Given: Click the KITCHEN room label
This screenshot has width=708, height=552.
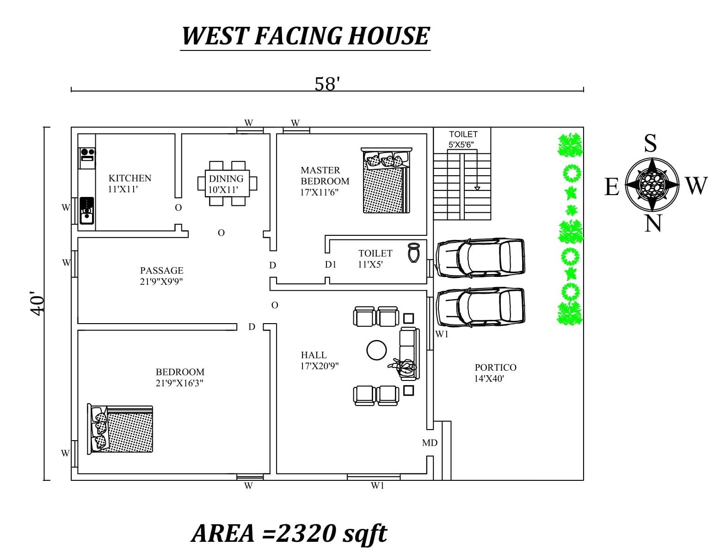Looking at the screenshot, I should point(129,178).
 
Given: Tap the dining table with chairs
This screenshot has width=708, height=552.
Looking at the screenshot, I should point(227,184).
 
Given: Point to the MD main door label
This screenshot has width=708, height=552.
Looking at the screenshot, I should point(430,443).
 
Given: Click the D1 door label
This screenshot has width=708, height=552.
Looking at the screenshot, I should point(331,264).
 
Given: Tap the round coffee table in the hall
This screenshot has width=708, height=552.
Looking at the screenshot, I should point(376,350).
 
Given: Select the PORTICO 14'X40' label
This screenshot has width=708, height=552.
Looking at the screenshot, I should point(495,373).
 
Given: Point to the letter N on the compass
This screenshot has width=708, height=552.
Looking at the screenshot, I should point(653,224).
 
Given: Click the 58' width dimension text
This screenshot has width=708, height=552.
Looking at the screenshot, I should point(327,84).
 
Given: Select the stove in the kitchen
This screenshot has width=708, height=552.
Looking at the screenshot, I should point(87,154).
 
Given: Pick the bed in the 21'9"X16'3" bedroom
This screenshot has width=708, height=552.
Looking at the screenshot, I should point(120,429).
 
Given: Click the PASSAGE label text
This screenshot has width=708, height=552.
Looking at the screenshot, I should point(161,270).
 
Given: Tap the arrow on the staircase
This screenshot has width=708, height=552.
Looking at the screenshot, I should point(477,188).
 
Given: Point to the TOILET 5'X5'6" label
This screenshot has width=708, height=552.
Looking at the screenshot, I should point(462,139).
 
